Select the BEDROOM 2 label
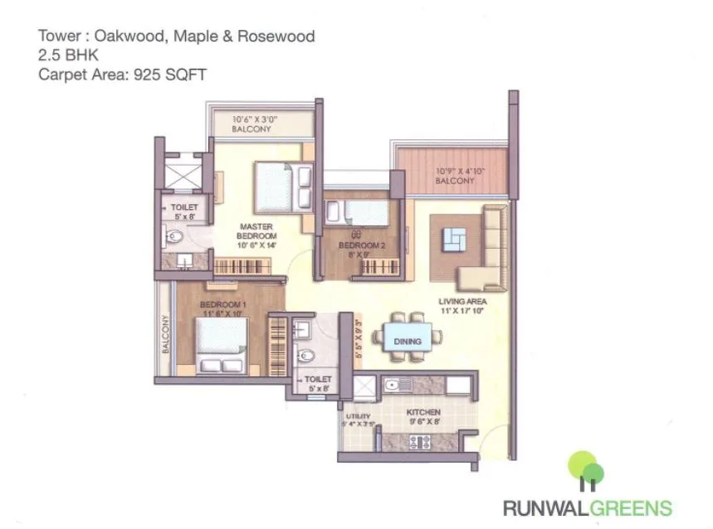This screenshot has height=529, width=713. (362, 245)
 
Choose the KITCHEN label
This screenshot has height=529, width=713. (423, 412)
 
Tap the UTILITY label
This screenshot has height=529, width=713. (358, 417)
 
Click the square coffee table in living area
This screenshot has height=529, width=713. (453, 240)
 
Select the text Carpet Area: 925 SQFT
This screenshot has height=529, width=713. (122, 74)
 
